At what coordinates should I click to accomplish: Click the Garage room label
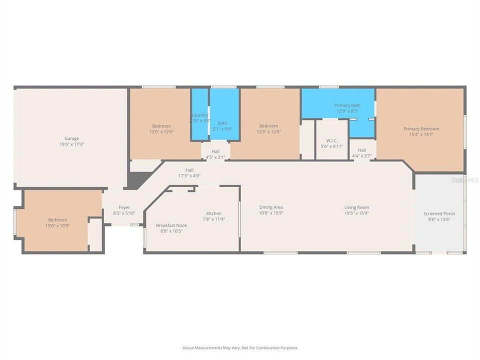click(x=71, y=138)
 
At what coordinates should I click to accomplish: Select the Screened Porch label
click(x=439, y=213)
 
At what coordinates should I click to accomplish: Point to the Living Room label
click(x=356, y=207)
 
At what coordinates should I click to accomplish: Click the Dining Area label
click(x=271, y=207)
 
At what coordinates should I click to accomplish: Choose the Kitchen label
click(x=213, y=213)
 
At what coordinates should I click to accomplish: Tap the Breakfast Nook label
click(x=171, y=225)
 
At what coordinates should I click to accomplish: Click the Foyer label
click(x=124, y=207)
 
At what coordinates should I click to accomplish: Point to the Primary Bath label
click(x=347, y=105)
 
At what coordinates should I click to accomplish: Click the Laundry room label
click(x=200, y=115)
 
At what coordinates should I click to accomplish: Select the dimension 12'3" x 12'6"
click(x=268, y=132)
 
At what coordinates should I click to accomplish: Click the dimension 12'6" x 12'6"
click(x=161, y=132)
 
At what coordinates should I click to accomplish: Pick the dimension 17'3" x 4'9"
click(x=189, y=175)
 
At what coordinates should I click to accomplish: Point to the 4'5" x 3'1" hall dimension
click(x=215, y=157)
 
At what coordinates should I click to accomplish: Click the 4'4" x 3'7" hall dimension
click(x=361, y=156)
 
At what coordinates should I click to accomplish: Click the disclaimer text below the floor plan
click(x=240, y=347)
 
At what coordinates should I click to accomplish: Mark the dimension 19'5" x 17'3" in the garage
click(x=71, y=144)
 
